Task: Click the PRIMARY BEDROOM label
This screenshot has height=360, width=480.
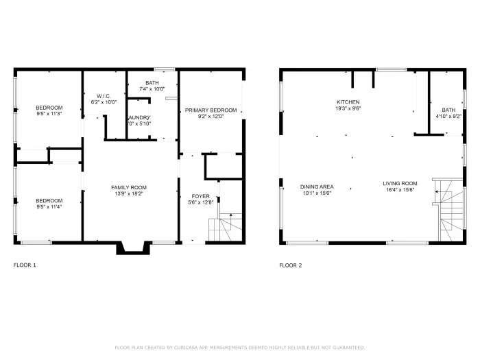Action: (211, 110)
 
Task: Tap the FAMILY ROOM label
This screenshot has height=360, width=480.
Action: (129, 187)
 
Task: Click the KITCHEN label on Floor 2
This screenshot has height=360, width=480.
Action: (348, 101)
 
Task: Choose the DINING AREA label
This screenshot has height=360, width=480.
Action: (316, 186)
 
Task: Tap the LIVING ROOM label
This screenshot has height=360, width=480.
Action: (400, 183)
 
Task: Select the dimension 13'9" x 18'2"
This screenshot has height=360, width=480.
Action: (129, 193)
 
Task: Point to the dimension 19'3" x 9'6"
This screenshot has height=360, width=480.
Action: (348, 108)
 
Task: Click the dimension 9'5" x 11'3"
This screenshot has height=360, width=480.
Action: (49, 114)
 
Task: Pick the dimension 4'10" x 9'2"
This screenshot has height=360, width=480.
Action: (448, 116)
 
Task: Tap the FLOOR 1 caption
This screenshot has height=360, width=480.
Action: (25, 265)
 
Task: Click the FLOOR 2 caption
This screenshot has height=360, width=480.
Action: (290, 265)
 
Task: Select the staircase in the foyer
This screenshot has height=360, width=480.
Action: (226, 226)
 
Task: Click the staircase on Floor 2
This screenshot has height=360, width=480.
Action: (449, 209)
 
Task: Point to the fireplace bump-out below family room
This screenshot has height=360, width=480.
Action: (130, 248)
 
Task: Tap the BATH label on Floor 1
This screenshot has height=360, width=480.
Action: (152, 82)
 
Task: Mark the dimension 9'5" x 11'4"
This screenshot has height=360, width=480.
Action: (49, 206)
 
